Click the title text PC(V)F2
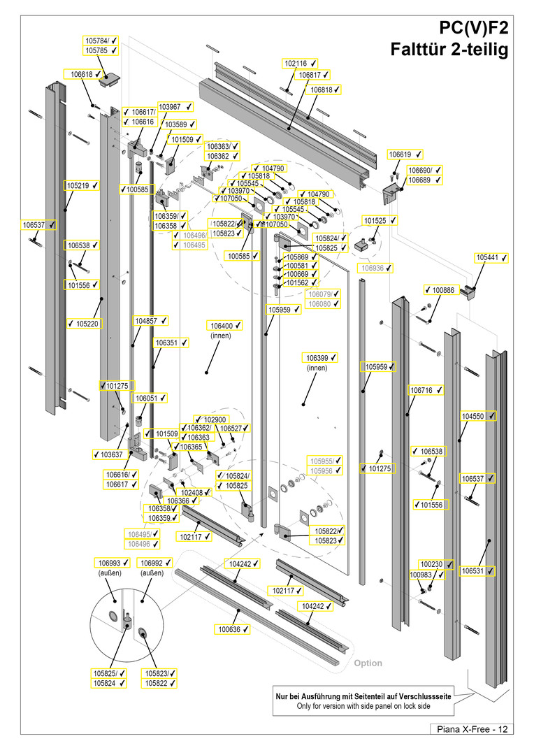(x=474, y=29)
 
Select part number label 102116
(x=296, y=63)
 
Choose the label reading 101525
(x=375, y=221)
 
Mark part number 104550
(x=473, y=416)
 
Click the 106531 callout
(x=473, y=571)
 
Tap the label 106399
(x=317, y=358)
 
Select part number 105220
(x=87, y=324)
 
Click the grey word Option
(x=368, y=663)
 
